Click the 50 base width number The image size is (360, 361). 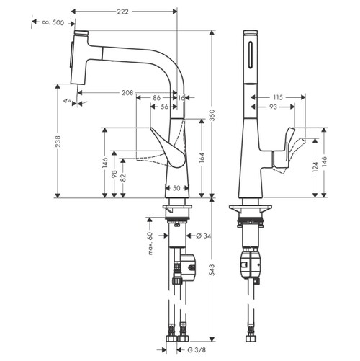coord(176,189)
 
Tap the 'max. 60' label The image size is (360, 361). coord(150,244)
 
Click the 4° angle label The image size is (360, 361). coord(67,103)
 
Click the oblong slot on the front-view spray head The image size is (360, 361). coord(251,56)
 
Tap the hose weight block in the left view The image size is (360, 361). coord(188,266)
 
